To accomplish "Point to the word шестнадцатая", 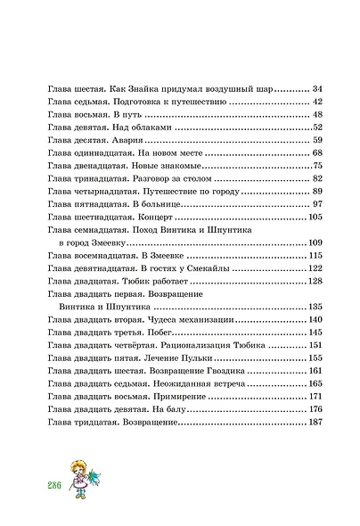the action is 100,218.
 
